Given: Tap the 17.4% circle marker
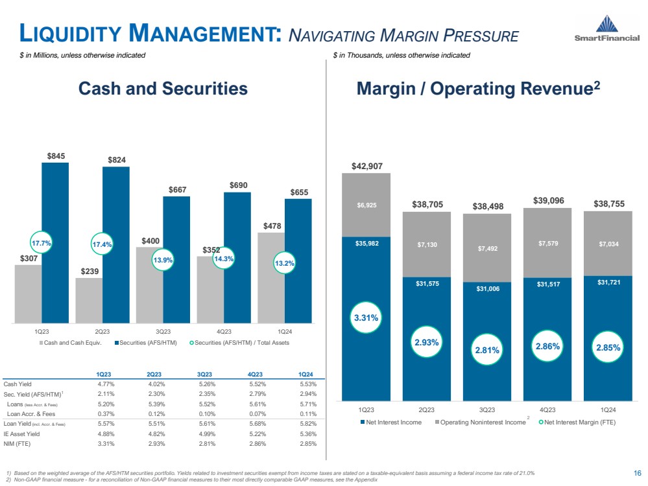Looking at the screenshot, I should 102,245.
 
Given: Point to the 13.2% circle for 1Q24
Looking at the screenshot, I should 285,263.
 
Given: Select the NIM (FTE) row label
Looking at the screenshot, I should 18,444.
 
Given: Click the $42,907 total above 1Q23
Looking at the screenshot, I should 366,166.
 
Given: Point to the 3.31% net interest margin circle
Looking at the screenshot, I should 366,318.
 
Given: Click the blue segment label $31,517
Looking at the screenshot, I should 547,283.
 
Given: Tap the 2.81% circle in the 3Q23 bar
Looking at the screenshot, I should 486,349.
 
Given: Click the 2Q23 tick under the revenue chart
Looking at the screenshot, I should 426,409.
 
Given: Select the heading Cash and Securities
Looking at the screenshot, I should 163,89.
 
